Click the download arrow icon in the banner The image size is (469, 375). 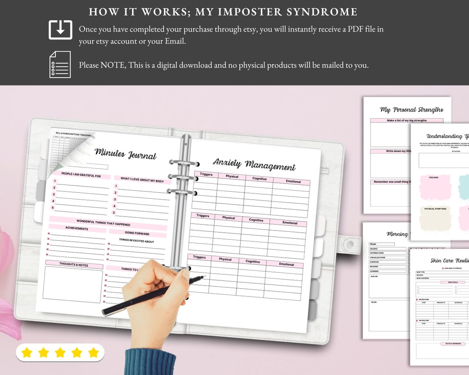pyautogui.click(x=60, y=30)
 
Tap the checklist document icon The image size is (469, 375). pyautogui.click(x=60, y=64)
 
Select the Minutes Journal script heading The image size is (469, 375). pyautogui.click(x=125, y=153)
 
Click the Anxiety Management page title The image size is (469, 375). pyautogui.click(x=254, y=164)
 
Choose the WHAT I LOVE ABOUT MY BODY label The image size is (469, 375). pyautogui.click(x=142, y=179)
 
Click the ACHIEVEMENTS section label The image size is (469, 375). pyautogui.click(x=76, y=228)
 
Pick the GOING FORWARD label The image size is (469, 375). pyautogui.click(x=137, y=233)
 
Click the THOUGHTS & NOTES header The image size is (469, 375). pyautogui.click(x=74, y=264)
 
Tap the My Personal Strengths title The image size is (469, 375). pyautogui.click(x=411, y=110)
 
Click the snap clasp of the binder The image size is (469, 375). pyautogui.click(x=349, y=246)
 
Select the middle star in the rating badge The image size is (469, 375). pyautogui.click(x=60, y=352)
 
